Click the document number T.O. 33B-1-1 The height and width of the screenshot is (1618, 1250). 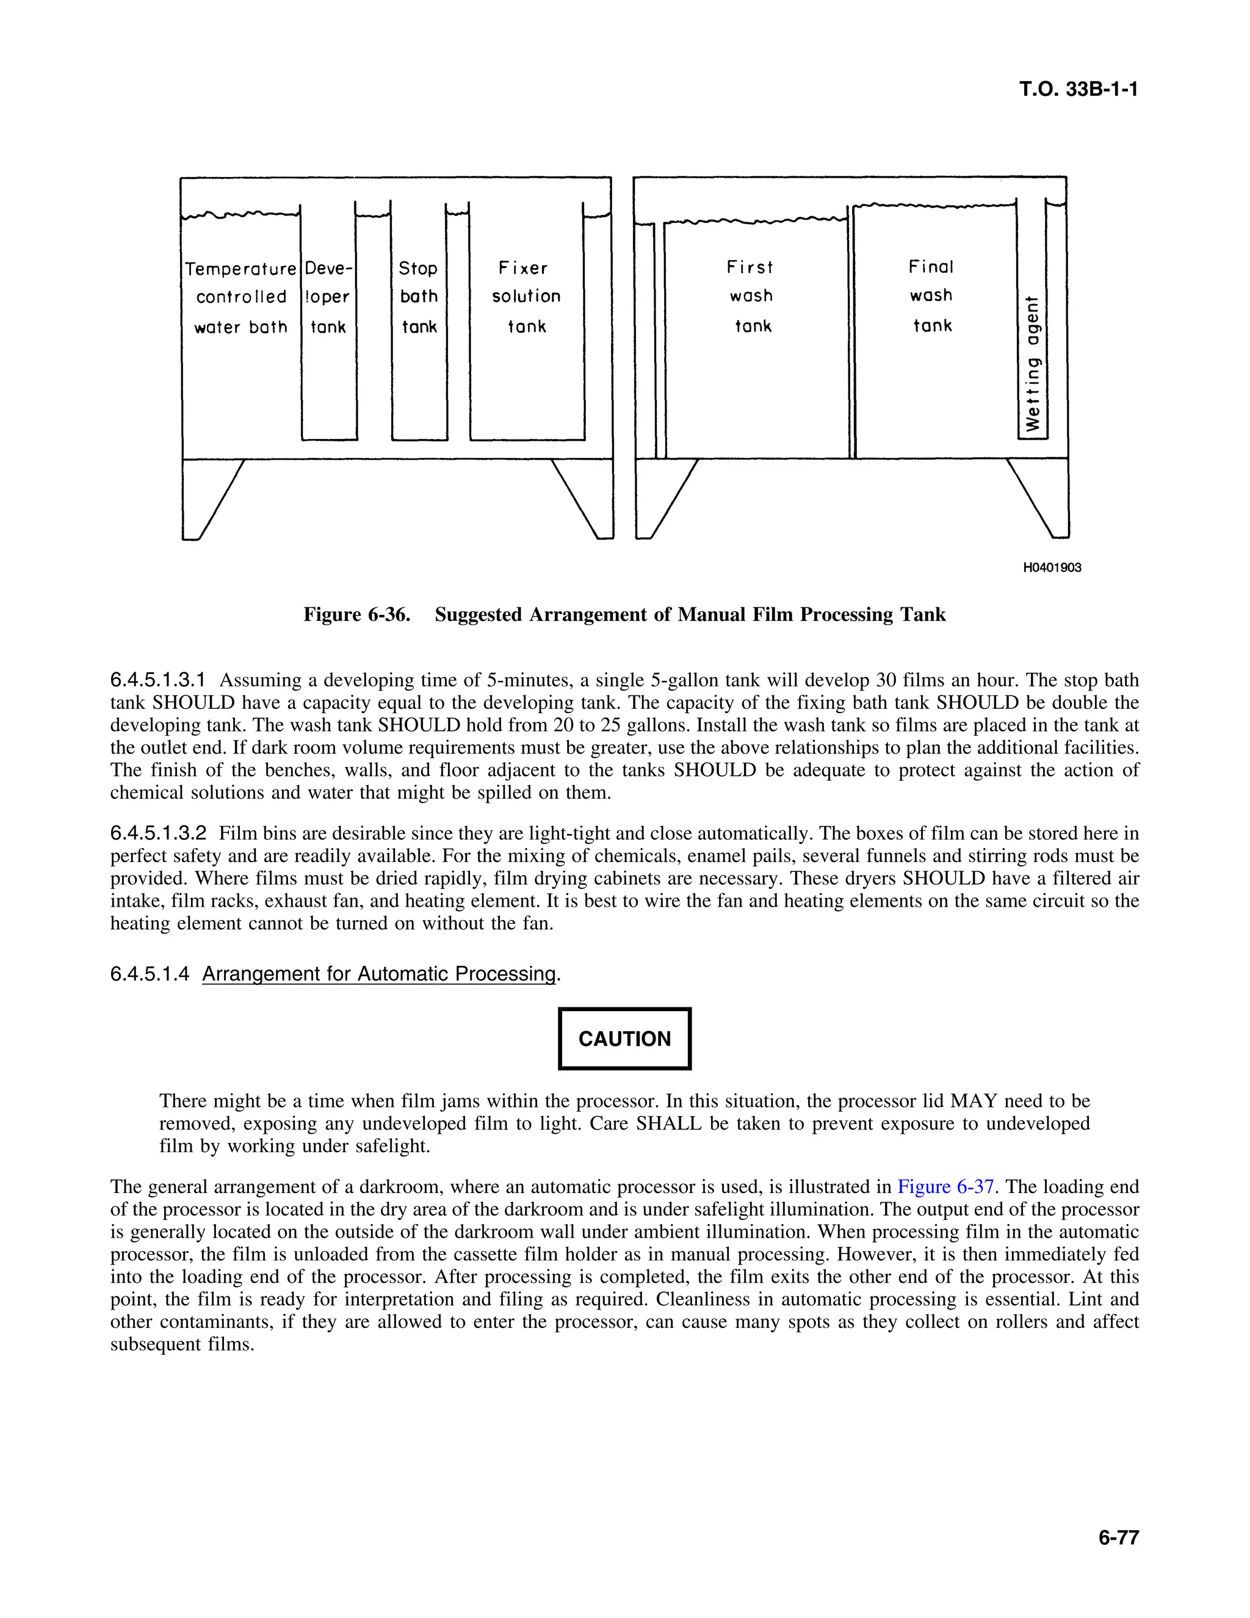[1078, 90]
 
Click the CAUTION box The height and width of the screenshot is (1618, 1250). [624, 1039]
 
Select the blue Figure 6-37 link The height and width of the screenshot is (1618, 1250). [945, 1187]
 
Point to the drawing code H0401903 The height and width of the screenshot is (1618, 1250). [1052, 567]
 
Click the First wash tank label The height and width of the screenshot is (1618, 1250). [751, 296]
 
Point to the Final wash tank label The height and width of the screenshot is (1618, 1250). [931, 296]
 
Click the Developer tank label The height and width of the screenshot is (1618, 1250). [328, 297]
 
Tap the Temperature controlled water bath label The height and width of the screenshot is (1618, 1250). [240, 297]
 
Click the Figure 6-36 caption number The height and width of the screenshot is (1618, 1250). [356, 615]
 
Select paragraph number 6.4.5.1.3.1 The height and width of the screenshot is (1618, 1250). [157, 680]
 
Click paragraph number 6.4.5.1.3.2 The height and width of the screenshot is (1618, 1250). [157, 833]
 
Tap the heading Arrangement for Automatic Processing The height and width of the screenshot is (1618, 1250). [378, 974]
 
